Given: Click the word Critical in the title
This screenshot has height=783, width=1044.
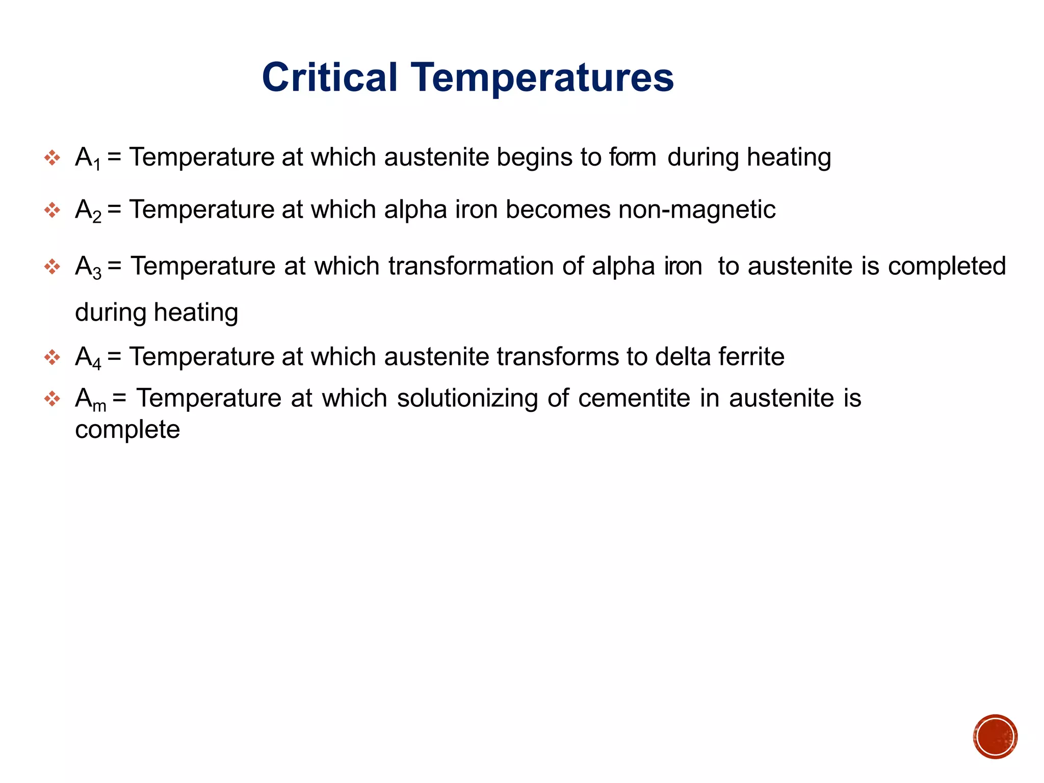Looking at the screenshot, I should click(329, 77).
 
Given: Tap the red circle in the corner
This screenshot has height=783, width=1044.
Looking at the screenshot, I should click(995, 737).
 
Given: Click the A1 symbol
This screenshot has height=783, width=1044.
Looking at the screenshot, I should click(88, 158).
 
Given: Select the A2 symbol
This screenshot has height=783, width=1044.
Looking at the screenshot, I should click(88, 210).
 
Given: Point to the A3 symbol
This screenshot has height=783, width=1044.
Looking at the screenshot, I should click(88, 267).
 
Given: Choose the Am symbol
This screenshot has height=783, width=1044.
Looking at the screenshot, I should click(90, 399).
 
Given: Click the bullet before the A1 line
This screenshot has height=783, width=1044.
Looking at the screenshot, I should click(52, 158).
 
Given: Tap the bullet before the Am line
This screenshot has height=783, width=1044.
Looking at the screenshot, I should click(52, 399).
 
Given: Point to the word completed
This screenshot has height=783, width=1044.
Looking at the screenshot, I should click(947, 266).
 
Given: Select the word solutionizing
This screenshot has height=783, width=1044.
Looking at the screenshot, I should click(467, 398).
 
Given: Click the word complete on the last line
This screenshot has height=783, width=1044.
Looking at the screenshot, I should click(127, 430).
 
